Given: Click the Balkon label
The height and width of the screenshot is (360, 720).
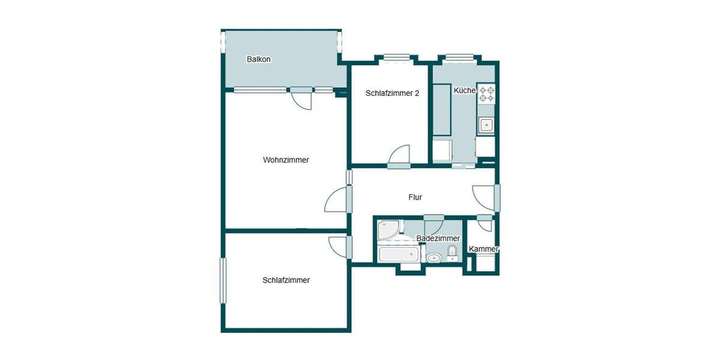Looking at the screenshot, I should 259,59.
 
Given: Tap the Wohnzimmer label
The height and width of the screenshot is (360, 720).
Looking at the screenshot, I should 286,160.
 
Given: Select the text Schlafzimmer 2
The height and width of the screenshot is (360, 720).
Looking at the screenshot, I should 392,93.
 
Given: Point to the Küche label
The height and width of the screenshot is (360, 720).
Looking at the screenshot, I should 464,91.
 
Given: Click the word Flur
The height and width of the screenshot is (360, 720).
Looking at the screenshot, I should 415,197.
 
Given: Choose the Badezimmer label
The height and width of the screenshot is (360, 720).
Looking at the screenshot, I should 438,239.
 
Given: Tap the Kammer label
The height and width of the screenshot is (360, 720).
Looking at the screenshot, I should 484,249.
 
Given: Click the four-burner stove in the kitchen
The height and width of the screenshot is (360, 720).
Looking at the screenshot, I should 486,93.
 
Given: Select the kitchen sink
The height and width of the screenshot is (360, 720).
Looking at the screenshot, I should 485,125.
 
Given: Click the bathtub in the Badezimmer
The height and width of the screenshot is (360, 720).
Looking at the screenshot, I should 398,254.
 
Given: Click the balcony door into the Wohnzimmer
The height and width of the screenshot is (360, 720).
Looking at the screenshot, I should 302,98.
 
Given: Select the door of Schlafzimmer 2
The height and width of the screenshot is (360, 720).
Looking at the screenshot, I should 399,156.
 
